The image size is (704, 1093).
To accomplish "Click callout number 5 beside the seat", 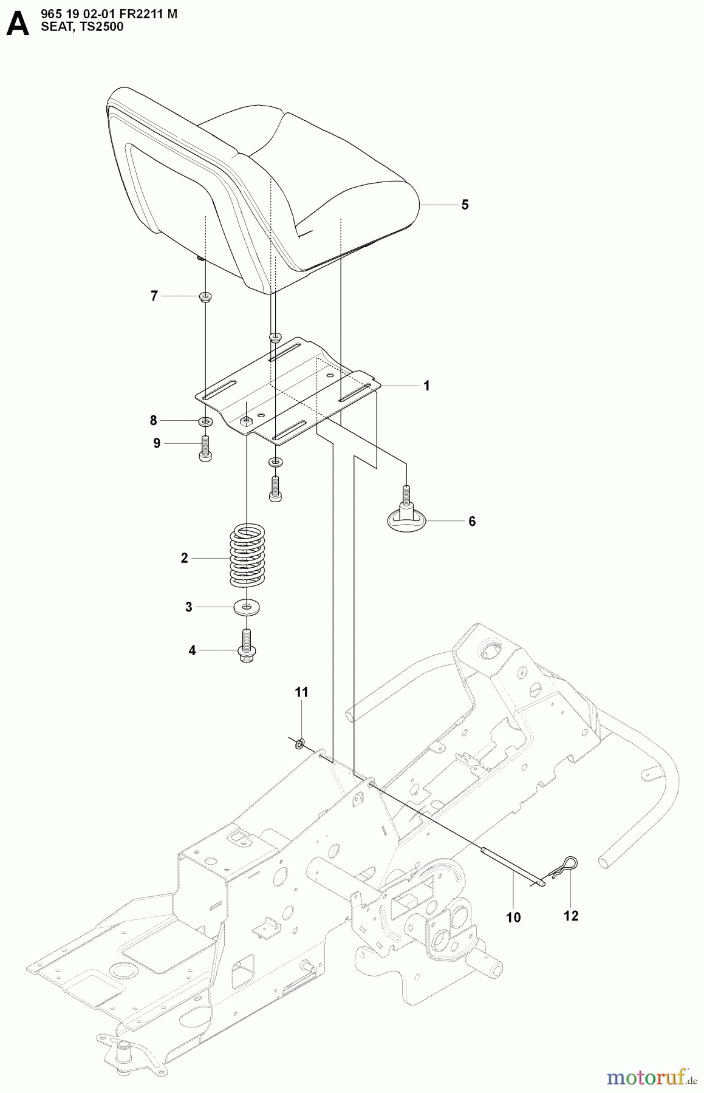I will pos(465,205).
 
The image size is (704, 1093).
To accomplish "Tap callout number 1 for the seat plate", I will pos(426,386).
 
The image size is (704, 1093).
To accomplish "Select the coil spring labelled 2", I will pos(247,556).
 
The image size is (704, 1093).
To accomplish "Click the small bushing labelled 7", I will pos(205,297).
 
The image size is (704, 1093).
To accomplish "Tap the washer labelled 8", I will pos(205,421).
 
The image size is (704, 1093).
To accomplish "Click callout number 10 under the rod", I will pos(513,918).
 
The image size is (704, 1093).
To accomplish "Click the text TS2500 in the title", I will pos(100,26).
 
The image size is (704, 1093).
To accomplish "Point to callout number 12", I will pos(571,916).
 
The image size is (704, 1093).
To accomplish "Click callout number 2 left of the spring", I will pos(185,558).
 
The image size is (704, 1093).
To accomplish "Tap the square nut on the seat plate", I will pos(246,420).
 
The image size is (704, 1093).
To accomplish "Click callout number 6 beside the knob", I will pos(472,521).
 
